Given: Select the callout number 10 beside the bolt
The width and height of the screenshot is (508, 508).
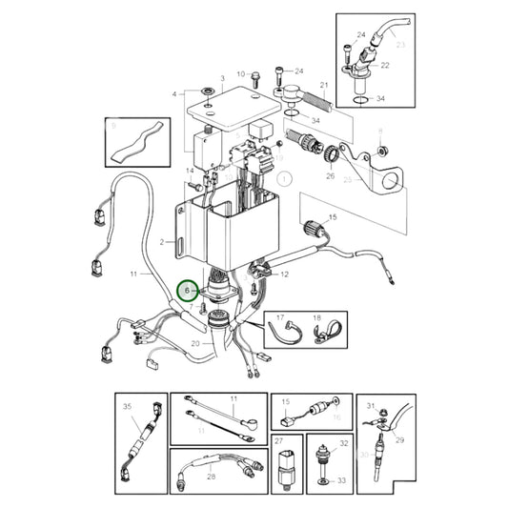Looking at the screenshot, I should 240,73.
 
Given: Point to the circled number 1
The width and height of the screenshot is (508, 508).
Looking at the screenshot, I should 283,177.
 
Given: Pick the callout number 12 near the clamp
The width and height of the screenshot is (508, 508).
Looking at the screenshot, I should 284,274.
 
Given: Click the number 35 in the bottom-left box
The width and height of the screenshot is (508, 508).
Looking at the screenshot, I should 127,406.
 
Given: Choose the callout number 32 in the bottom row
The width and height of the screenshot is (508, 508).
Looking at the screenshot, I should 344,444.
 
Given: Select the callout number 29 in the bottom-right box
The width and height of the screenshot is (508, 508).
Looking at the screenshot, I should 400,439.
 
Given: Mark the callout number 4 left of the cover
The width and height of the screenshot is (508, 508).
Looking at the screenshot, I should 174,94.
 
